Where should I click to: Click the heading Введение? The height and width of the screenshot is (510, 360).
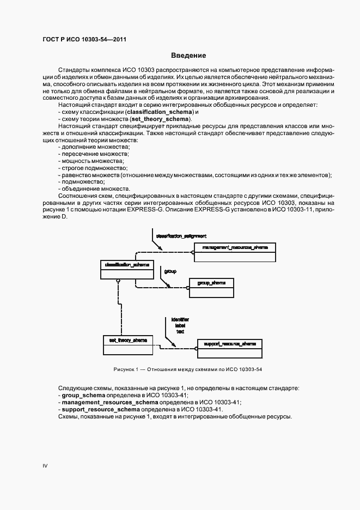(188, 56)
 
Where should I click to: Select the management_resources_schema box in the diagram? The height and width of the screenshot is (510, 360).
(235, 248)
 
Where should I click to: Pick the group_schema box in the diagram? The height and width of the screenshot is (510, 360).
(211, 283)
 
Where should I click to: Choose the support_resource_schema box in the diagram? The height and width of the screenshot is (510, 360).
(229, 344)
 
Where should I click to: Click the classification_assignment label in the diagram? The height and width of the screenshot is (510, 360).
(181, 236)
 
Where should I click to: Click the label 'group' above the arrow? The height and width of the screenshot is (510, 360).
(170, 270)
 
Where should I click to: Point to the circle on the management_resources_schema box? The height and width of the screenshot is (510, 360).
(193, 252)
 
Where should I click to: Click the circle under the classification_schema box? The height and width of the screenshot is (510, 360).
(117, 281)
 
